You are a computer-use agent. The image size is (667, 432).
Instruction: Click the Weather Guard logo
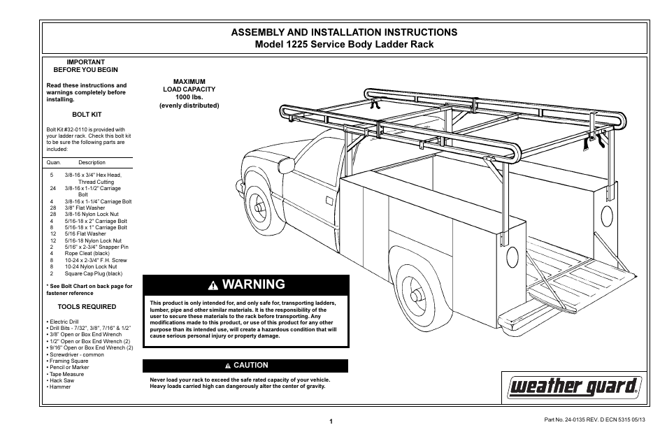pyautogui.click(x=575, y=385)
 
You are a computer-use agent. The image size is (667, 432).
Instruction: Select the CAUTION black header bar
pyautogui.click(x=245, y=366)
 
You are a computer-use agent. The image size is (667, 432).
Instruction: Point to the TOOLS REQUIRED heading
pyautogui.click(x=87, y=306)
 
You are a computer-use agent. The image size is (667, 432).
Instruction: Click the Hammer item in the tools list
pyautogui.click(x=59, y=387)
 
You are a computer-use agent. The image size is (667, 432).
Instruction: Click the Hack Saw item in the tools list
pyautogui.click(x=62, y=380)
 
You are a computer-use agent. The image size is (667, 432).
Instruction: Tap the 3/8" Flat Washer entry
pyautogui.click(x=85, y=208)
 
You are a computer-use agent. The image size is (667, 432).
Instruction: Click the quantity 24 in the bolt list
pyautogui.click(x=52, y=188)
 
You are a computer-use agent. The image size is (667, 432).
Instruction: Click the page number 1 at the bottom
pyautogui.click(x=332, y=421)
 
